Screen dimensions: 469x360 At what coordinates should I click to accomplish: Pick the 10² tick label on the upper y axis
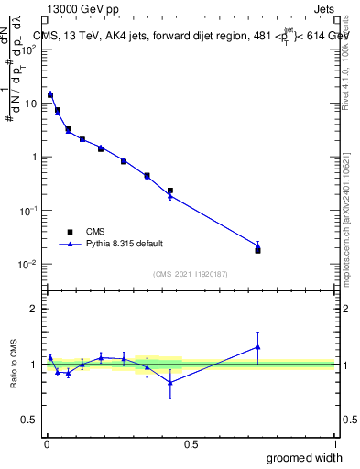coord(30,49)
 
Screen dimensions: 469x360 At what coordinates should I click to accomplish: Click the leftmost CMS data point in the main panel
coord(50,94)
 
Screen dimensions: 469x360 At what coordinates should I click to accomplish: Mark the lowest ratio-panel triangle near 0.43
coord(170,383)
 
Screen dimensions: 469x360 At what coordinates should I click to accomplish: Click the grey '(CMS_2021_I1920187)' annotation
coord(191,273)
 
